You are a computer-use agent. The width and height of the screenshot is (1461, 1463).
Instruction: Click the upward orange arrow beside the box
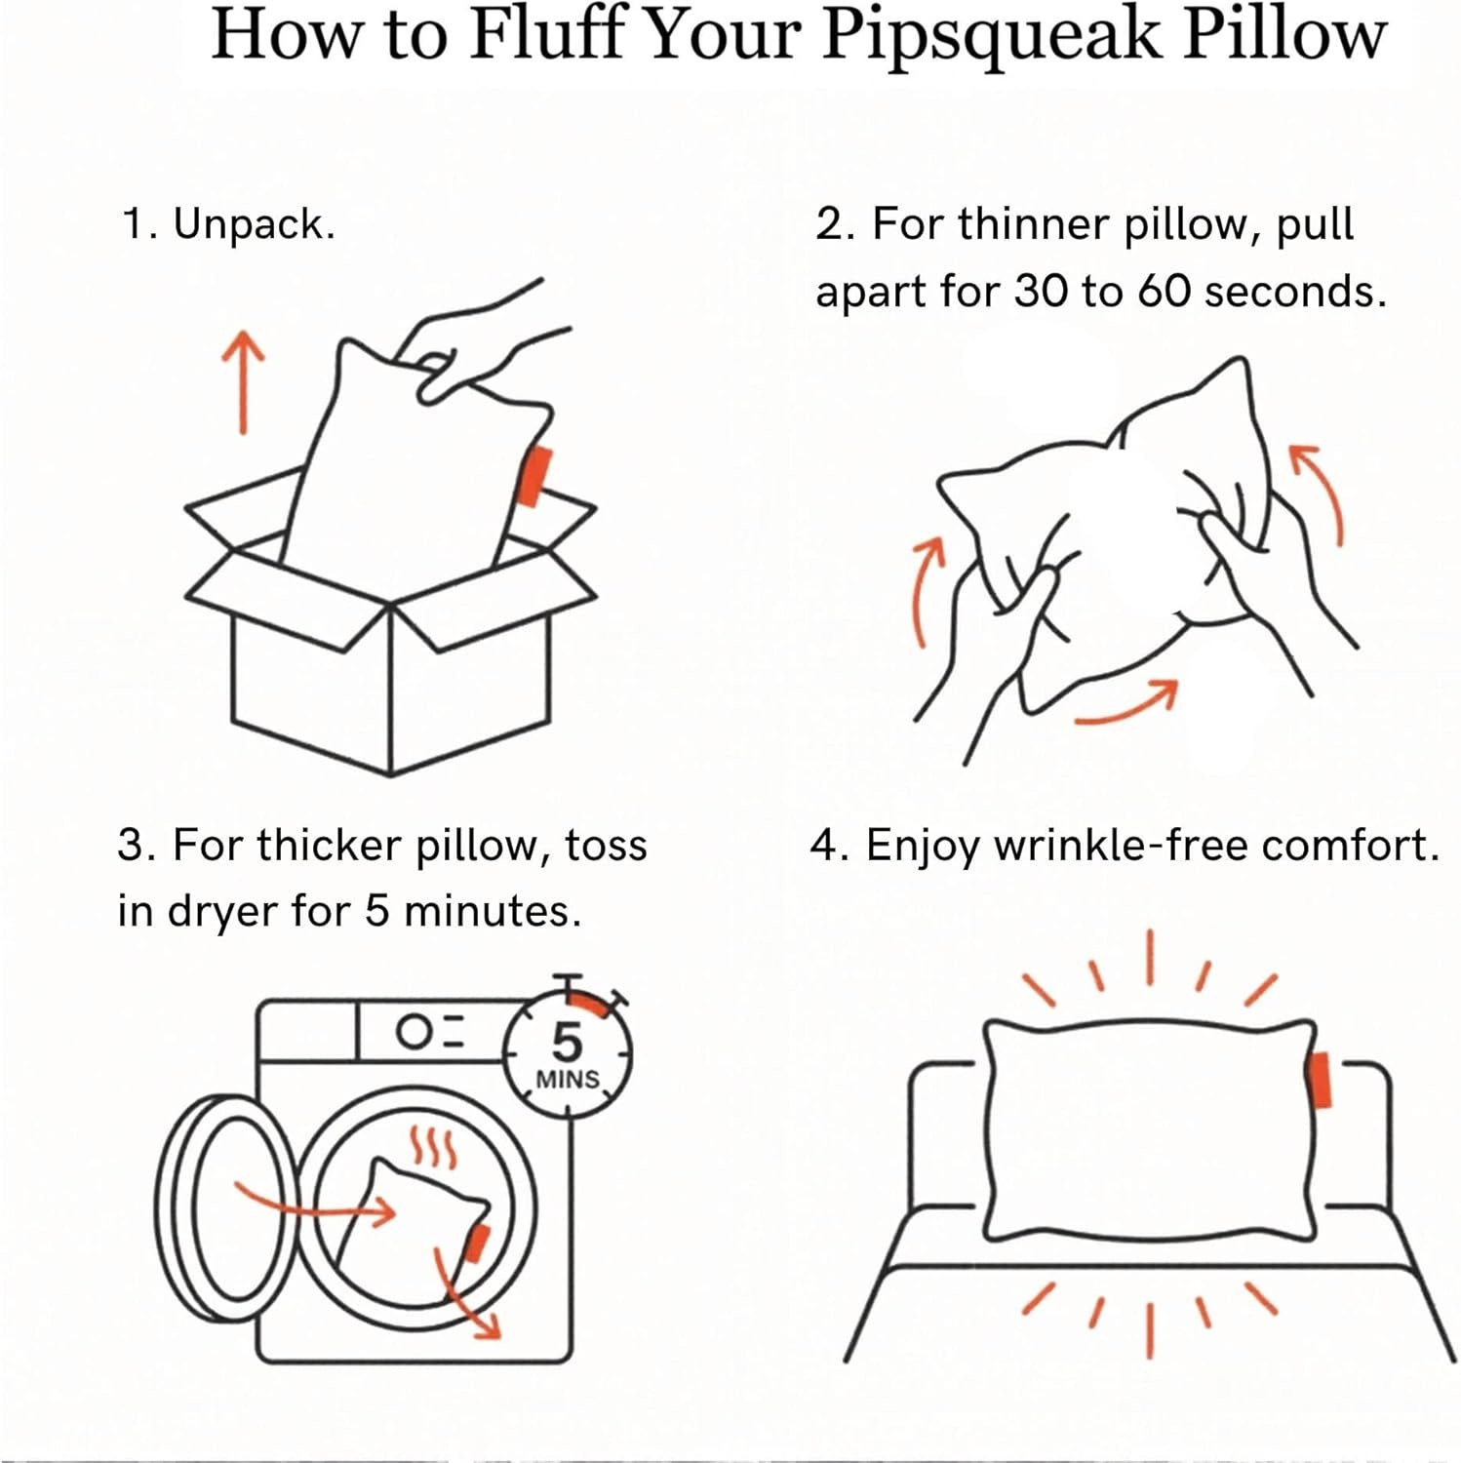242,380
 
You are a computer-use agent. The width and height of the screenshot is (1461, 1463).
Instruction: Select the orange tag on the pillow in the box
534,476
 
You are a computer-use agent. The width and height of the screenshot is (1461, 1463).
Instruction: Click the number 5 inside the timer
567,1044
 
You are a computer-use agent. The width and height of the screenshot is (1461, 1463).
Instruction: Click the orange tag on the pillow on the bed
1321,1081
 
